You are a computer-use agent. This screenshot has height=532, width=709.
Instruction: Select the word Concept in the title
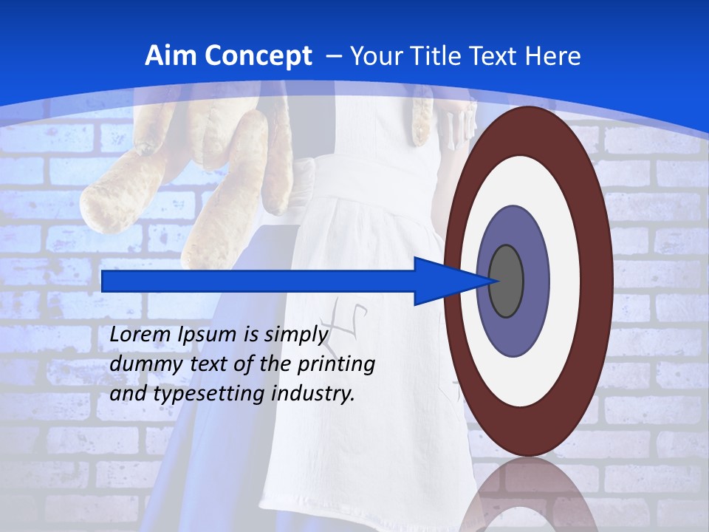click(257, 56)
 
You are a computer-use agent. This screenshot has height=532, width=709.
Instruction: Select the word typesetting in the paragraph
click(210, 394)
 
